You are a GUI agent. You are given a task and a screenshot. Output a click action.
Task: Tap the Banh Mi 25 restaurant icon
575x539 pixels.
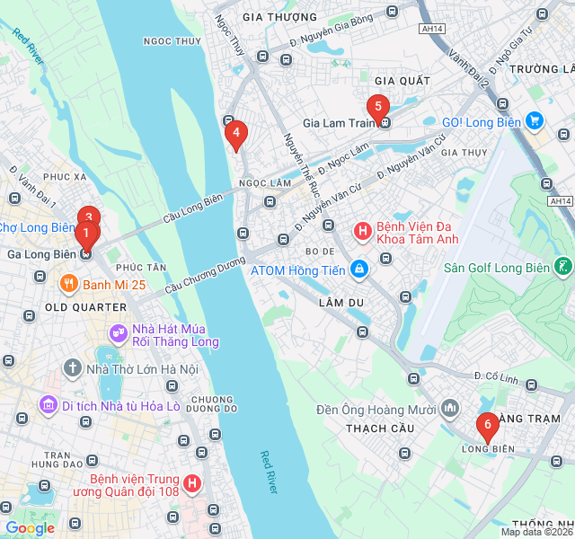pyautogui.click(x=69, y=285)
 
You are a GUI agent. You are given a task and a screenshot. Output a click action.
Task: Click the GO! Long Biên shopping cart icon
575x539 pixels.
pyautogui.click(x=535, y=120)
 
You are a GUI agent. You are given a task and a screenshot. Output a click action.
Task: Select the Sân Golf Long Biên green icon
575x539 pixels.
pyautogui.click(x=562, y=267)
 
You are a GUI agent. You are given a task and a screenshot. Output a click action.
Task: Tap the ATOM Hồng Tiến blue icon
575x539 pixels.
pyautogui.click(x=358, y=269)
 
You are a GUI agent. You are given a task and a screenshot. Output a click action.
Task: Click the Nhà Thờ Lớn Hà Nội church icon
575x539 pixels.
pyautogui.click(x=72, y=368)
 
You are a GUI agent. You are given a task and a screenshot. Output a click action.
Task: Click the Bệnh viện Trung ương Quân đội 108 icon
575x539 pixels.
pyautogui.click(x=191, y=485)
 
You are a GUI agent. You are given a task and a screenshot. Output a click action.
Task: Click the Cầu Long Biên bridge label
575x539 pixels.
pyautogui.click(x=192, y=210)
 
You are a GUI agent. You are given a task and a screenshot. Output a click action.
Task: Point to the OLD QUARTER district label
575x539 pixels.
pyautogui.click(x=85, y=307)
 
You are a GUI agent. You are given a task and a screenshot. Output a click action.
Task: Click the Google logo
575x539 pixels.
pyautogui.click(x=30, y=528)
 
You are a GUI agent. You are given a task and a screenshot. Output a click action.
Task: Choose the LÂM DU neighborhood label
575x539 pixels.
pyautogui.click(x=341, y=303)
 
